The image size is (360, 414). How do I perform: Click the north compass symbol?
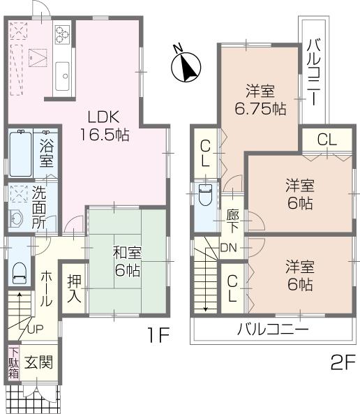(x=186, y=64)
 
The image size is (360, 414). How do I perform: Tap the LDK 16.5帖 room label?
(x=107, y=124)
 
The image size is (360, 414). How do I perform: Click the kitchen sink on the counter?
(x=62, y=71)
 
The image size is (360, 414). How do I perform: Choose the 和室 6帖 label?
(x=127, y=261)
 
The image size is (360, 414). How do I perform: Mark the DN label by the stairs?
(x=228, y=246)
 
